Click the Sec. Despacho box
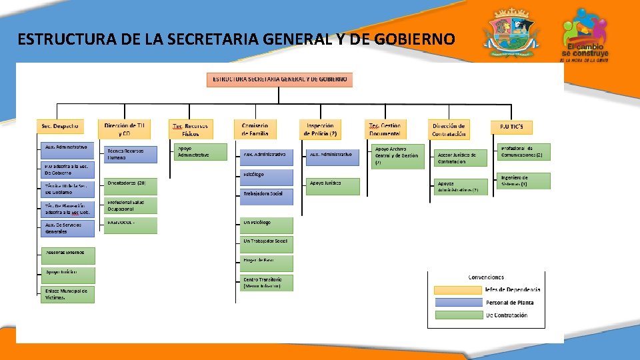click(61, 125)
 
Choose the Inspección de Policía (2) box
click(321, 129)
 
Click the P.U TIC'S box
click(511, 126)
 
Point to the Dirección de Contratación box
click(449, 129)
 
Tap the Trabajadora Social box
click(267, 194)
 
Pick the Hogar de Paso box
click(267, 260)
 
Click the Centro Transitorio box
click(267, 283)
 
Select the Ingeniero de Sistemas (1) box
click(524, 181)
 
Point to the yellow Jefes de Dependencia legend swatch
click(458, 289)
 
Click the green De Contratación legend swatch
click(458, 315)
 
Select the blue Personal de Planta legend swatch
click(458, 302)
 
